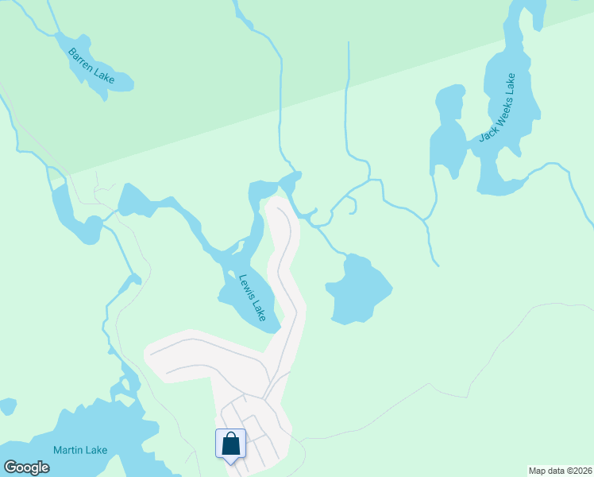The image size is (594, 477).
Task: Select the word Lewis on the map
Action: [x=246, y=285]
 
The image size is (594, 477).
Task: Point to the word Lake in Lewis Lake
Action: [x=259, y=309]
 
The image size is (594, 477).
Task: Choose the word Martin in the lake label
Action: [x=67, y=450]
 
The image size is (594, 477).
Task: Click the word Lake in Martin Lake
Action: [x=95, y=450]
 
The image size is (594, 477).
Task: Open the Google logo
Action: [x=26, y=467]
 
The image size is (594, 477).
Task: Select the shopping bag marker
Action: [x=230, y=444]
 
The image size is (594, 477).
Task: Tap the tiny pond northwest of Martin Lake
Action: [x=7, y=407]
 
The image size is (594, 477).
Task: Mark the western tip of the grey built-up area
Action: [x=146, y=351]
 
